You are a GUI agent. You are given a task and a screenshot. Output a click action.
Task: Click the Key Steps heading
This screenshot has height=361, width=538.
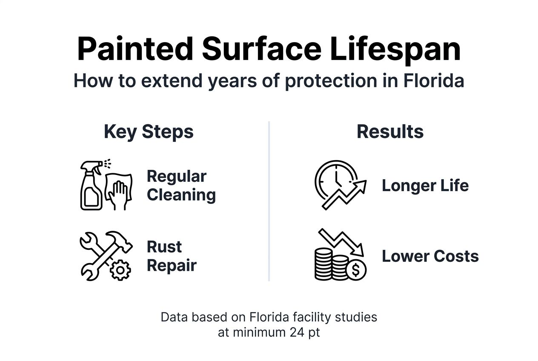149,132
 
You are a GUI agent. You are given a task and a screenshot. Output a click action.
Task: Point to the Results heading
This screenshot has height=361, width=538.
390,132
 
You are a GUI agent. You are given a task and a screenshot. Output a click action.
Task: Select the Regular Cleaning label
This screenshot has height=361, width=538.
181,186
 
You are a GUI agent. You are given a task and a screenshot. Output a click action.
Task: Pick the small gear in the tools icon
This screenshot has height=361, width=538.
121,269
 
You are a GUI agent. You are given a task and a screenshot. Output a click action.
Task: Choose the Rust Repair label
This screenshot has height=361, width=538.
171,256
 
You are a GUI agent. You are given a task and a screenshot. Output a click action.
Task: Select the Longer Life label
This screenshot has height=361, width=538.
425,186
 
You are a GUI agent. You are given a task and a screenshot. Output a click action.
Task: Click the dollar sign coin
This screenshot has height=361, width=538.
356,269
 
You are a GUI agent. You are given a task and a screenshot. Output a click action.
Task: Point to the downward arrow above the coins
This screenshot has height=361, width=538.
341,241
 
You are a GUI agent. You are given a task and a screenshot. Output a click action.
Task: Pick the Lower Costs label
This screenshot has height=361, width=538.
430,256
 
